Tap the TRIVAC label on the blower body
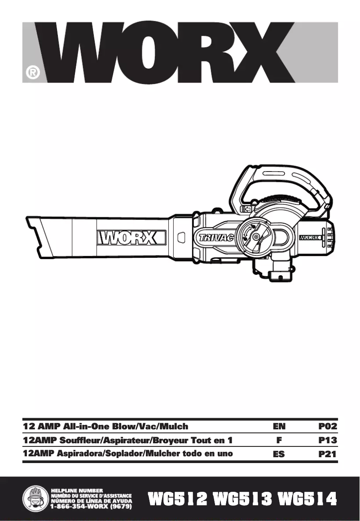(x=216, y=238)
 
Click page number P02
(x=327, y=426)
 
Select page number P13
(x=327, y=440)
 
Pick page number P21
(x=327, y=454)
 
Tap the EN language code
(x=279, y=426)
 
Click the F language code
(x=279, y=440)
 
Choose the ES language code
(x=279, y=454)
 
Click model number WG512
(x=178, y=499)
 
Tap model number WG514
(x=307, y=499)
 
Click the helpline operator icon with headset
(x=36, y=498)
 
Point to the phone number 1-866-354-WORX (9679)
(x=91, y=506)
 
